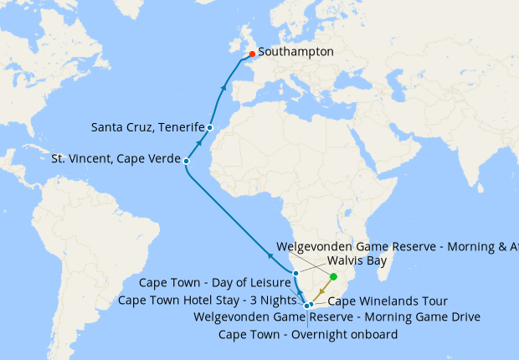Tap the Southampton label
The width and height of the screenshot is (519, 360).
(295, 52)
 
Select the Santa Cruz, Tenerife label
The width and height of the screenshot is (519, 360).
(147, 127)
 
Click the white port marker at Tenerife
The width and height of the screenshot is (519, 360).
(209, 127)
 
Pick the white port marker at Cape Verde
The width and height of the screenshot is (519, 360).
(186, 160)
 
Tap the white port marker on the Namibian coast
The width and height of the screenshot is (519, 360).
(295, 273)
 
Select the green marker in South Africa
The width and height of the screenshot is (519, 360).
(333, 276)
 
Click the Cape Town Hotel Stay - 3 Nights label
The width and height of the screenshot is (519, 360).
(208, 300)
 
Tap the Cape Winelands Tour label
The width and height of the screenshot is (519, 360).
(388, 301)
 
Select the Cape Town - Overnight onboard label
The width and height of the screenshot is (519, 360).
(307, 334)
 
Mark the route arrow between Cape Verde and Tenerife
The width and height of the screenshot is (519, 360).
(199, 142)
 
